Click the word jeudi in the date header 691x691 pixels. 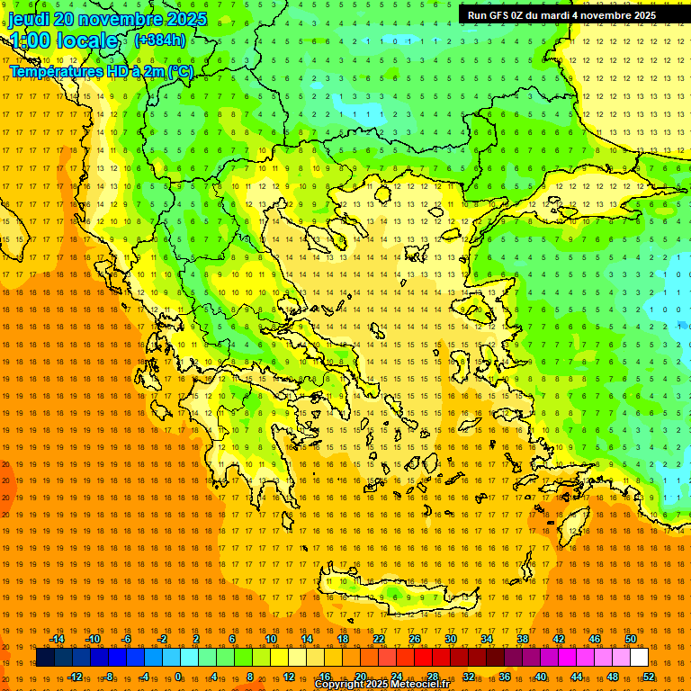29,19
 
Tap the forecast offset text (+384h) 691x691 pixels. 160,40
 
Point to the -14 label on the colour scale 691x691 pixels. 57,639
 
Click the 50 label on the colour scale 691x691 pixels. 631,639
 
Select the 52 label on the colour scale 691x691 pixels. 649,677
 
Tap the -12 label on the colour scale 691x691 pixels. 75,677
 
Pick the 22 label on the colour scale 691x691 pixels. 379,639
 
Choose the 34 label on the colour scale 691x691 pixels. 486,639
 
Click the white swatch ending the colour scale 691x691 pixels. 639,658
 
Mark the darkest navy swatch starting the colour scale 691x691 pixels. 45,658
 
